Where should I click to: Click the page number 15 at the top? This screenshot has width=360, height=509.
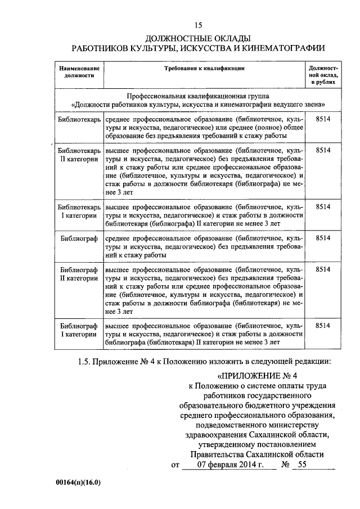click(197, 25)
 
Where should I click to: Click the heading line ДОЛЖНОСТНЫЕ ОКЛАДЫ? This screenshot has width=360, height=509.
click(197, 38)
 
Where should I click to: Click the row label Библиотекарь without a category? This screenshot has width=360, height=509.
click(79, 120)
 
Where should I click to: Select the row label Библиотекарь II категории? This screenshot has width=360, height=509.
click(79, 155)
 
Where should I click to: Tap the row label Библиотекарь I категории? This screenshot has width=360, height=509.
click(79, 211)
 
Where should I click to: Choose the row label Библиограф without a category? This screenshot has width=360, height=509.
click(79, 238)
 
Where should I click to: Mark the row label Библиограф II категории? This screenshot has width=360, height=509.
click(79, 273)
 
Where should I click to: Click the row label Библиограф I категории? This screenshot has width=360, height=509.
click(79, 330)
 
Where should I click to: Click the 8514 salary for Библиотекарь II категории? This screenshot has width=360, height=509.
click(323, 151)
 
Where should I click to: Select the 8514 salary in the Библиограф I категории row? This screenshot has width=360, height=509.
click(323, 325)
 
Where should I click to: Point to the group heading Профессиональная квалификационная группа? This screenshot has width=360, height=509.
click(198, 96)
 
